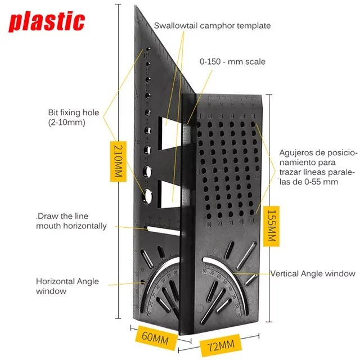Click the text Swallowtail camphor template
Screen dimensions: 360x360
pos(213,26)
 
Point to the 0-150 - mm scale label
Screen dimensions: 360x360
pos(232,62)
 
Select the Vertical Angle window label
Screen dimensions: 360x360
pos(313,274)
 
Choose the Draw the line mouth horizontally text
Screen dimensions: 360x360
pos(71,221)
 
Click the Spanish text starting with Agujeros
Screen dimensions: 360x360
pos(318,167)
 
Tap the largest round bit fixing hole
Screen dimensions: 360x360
pos(150,195)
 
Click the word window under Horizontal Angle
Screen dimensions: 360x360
pos(51,291)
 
